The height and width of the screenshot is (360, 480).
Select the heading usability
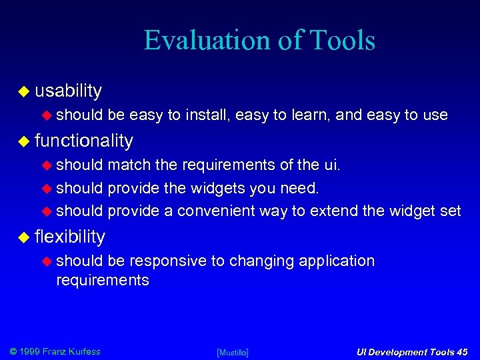(68, 90)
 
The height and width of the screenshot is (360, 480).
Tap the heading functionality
(83, 140)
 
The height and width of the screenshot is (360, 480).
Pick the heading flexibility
(70, 236)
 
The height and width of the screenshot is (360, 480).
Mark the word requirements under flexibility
(102, 280)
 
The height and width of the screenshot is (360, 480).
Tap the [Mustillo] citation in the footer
(233, 352)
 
